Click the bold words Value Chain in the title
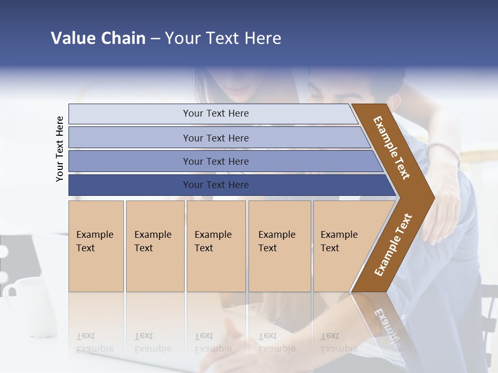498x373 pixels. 98,38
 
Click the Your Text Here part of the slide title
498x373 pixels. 223,38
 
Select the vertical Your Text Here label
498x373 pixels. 60,149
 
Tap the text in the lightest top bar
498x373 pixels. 216,113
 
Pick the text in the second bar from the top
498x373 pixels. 216,138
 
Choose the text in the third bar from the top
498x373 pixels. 216,161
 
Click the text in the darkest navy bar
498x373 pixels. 216,185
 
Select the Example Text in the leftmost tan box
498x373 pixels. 94,241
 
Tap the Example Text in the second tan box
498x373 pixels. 153,241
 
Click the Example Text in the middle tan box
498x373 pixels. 213,241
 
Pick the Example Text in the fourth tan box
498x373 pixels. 276,241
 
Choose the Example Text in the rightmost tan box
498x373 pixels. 339,241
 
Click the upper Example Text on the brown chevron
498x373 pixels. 392,147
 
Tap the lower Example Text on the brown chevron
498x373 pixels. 393,245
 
